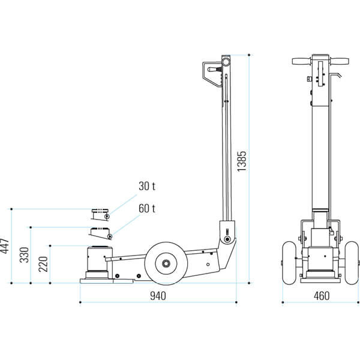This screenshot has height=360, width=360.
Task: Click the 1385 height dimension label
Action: (x=242, y=161)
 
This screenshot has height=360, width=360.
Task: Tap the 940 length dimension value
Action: (x=158, y=296)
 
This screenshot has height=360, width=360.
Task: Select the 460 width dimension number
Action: (x=322, y=296)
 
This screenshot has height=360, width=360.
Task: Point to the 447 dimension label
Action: (x=5, y=246)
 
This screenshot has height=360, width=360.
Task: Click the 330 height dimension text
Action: (x=24, y=255)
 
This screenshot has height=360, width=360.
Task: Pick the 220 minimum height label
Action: (x=43, y=264)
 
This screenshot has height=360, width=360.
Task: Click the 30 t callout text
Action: (x=147, y=186)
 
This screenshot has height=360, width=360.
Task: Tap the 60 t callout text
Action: (x=147, y=208)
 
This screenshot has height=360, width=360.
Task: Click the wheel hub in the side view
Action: (x=166, y=263)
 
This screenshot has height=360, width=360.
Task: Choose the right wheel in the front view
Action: (x=352, y=263)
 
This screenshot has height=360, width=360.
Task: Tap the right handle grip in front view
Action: (x=340, y=61)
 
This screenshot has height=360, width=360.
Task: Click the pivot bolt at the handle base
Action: (x=227, y=239)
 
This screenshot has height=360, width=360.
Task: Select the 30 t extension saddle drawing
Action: (x=100, y=214)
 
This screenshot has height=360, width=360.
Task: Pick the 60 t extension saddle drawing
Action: (x=101, y=233)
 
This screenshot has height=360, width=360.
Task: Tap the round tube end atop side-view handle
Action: (x=226, y=62)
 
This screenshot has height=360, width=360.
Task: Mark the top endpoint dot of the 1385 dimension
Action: (x=249, y=55)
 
